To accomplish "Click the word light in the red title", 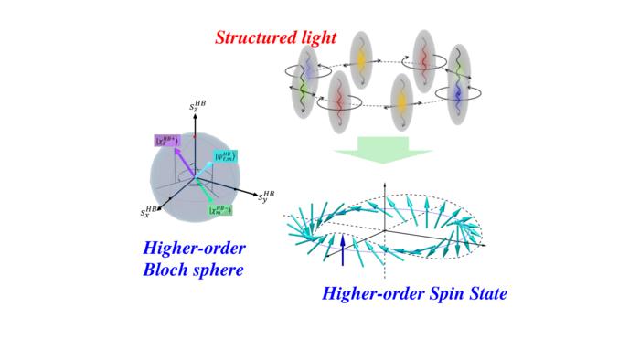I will click(316, 37).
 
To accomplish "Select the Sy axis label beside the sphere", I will click(265, 196).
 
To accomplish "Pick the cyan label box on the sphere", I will click(227, 155).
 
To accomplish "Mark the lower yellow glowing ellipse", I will click(399, 101).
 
